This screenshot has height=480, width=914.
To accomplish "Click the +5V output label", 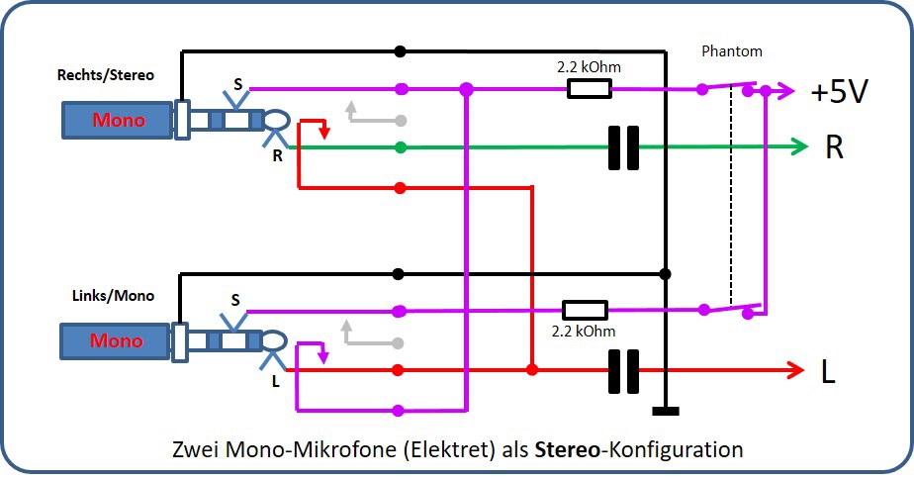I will click(840, 92).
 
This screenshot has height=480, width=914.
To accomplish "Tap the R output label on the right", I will click(834, 148).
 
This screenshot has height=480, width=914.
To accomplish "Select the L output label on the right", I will click(828, 371).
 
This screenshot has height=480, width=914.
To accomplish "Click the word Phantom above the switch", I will click(731, 50).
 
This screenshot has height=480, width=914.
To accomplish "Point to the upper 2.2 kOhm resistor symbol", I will click(589, 89).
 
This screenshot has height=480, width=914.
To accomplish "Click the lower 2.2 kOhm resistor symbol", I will click(584, 310).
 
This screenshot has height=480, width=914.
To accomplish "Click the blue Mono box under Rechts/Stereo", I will click(118, 121).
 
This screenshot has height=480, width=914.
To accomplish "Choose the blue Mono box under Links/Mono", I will click(118, 341).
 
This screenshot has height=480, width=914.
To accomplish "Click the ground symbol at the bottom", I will click(666, 411).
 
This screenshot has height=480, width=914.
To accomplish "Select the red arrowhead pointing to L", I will click(795, 370).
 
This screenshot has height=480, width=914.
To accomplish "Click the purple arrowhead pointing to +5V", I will click(788, 90).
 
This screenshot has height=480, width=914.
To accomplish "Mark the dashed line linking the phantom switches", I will click(731, 198).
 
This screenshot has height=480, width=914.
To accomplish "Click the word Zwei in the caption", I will click(200, 448).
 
